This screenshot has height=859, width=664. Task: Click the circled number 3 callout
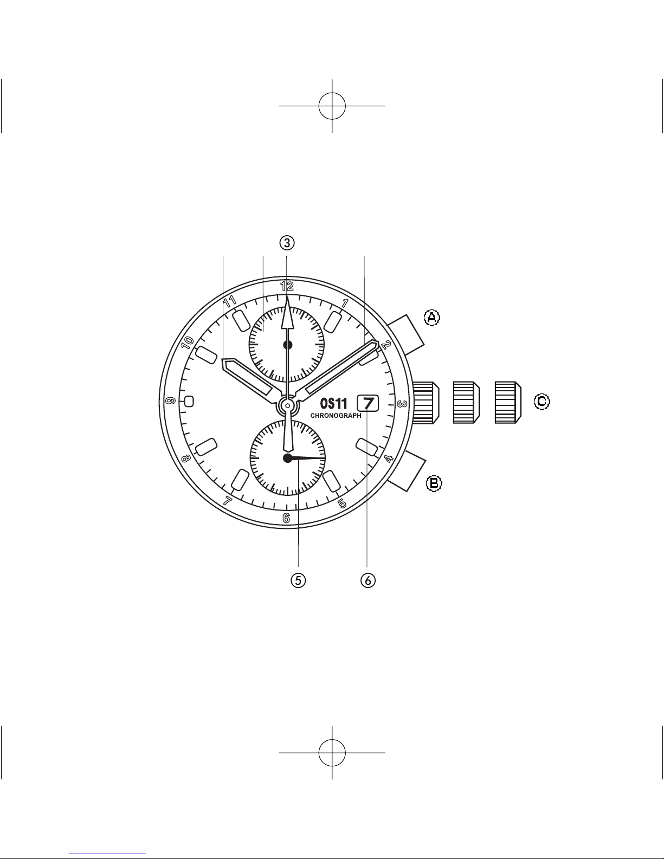(x=287, y=243)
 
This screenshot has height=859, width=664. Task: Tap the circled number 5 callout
(x=298, y=580)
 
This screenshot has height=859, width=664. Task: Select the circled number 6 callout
(x=368, y=580)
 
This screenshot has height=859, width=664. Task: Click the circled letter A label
(x=432, y=318)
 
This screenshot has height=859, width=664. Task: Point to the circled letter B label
(x=434, y=483)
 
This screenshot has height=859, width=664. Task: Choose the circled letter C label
(x=541, y=402)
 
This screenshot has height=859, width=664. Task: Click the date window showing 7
(x=368, y=403)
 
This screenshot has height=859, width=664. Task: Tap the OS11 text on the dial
(x=333, y=404)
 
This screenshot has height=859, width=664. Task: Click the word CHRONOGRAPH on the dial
(x=336, y=416)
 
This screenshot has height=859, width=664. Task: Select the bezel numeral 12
(x=287, y=286)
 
